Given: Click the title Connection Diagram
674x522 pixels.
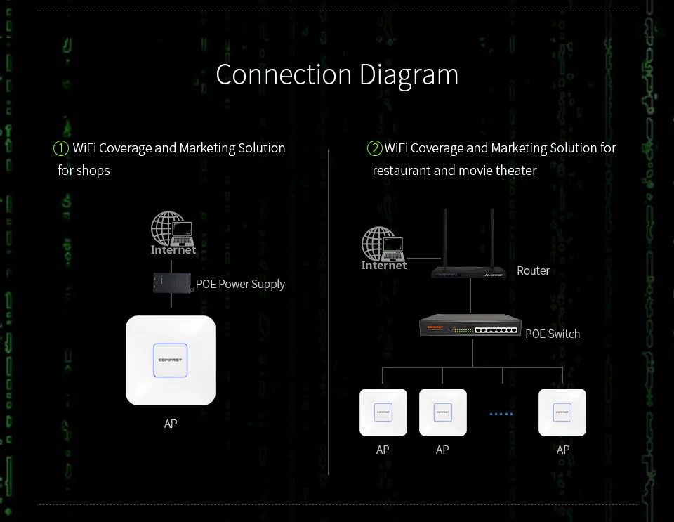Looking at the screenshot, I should tap(337, 74).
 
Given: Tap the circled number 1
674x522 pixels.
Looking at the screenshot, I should tap(61, 148).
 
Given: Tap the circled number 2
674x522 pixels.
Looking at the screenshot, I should tap(375, 148).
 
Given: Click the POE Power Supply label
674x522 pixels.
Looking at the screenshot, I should tap(240, 284).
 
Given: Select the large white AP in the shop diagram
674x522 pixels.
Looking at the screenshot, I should tap(171, 360).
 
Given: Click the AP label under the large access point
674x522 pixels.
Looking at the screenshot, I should tap(171, 424).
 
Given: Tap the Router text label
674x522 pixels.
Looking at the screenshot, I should tap(533, 270).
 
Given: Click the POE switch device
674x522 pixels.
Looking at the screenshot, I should tap(470, 327).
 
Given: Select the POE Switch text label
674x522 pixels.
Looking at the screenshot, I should tap(553, 334).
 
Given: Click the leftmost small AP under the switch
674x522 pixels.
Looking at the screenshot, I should tap(383, 412).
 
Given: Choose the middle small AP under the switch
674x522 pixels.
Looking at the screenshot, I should tap(443, 412).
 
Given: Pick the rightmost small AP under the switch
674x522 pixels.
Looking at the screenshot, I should tap(562, 412).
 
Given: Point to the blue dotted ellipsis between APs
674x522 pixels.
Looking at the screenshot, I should tap(501, 414).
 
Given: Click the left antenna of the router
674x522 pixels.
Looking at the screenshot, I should tap(444, 235).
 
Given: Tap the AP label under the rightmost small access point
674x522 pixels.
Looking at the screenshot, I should tap(563, 450).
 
